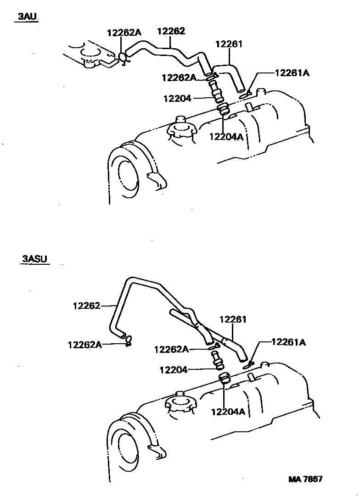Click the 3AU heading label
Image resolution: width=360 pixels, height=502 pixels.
point(27,17)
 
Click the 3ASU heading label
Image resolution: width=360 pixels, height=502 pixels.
point(35,260)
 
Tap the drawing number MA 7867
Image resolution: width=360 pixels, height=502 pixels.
point(305,479)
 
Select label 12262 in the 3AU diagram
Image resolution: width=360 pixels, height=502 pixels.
point(171,31)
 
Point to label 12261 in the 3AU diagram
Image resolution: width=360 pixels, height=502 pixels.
point(228,45)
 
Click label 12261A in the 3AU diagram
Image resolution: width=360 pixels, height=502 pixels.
point(292,73)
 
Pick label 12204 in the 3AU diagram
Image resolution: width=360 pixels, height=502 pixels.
point(176,98)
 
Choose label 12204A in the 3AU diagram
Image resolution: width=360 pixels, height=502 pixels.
point(226,136)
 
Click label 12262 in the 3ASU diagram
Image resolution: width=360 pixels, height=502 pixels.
point(86,305)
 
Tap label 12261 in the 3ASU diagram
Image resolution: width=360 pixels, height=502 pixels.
point(233,319)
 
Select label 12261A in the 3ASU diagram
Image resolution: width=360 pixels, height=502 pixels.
point(288,342)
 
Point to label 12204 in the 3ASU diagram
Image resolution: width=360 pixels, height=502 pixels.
point(173,369)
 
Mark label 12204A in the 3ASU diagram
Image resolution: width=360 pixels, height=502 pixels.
point(228,412)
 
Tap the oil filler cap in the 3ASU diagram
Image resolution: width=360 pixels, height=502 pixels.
point(180,402)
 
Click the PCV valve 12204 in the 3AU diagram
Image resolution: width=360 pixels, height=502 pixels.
point(216,92)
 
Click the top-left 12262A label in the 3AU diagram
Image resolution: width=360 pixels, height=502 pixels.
point(124,33)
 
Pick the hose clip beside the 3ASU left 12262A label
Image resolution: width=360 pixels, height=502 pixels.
point(129,340)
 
